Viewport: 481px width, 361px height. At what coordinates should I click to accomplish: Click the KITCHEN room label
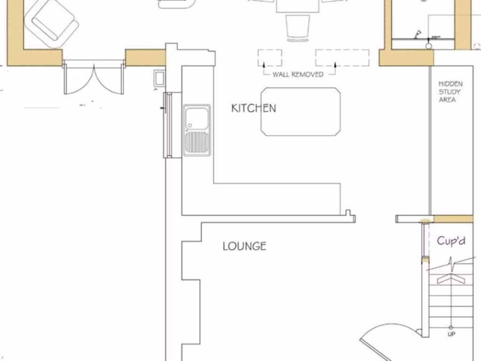point(254,108)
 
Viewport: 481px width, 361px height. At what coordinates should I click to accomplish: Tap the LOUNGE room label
point(244,246)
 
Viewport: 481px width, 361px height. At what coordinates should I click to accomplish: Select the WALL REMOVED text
point(298,74)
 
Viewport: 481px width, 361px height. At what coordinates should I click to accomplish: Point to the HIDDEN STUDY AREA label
point(450,92)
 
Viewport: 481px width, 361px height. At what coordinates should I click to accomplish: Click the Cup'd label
point(451,241)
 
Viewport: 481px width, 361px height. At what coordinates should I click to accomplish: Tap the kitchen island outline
point(301,111)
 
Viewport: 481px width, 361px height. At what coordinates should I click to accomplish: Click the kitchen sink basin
point(196,118)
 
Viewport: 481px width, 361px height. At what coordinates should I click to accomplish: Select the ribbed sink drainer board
point(196,143)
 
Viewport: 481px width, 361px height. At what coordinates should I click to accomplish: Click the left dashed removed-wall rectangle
point(270,57)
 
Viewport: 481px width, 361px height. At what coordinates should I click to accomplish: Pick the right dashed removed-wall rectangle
point(342,57)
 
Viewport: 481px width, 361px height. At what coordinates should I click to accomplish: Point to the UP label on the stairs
point(451,334)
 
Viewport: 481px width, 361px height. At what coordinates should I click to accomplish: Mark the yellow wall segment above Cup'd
point(453,219)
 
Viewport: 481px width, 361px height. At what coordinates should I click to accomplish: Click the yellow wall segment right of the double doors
point(145,58)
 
